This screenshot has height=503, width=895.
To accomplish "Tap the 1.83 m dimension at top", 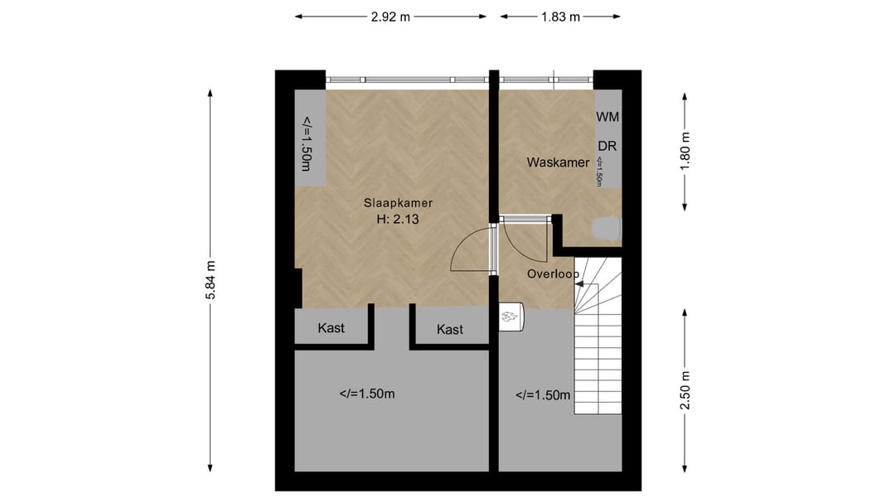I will pyautogui.click(x=560, y=17).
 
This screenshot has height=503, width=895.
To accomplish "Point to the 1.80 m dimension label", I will pyautogui.click(x=685, y=151).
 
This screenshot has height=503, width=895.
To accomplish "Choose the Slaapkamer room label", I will pyautogui.click(x=398, y=202).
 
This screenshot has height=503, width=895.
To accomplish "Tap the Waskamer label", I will pyautogui.click(x=558, y=162).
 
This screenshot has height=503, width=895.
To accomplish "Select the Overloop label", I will pyautogui.click(x=553, y=273).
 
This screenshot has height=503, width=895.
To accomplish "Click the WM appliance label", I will pyautogui.click(x=607, y=118).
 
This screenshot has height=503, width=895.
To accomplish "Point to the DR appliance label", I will pyautogui.click(x=607, y=146).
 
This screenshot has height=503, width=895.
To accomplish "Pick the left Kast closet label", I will pyautogui.click(x=331, y=328).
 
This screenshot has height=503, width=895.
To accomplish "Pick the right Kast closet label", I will pyautogui.click(x=450, y=330).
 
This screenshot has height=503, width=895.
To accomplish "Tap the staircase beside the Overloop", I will pyautogui.click(x=598, y=348).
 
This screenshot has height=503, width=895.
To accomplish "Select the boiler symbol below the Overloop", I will pyautogui.click(x=512, y=317).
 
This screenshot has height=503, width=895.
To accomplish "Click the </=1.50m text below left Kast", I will pyautogui.click(x=367, y=394).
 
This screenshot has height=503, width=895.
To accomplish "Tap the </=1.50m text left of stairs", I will pyautogui.click(x=543, y=395).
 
